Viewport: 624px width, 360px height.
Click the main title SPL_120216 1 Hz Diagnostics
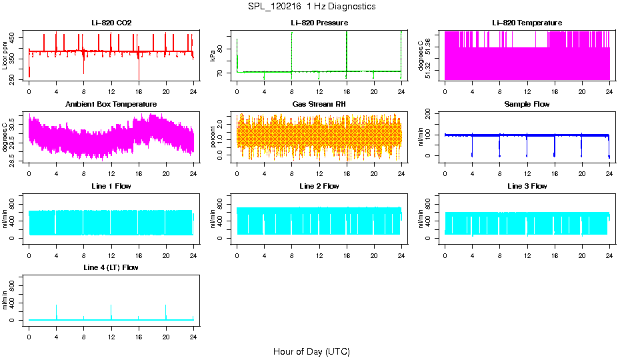point(311,7)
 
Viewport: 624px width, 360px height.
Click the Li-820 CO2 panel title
point(111,23)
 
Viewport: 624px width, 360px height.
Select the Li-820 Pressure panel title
point(319,23)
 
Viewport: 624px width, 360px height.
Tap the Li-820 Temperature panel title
point(527,23)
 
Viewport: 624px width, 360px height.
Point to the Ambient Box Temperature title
point(111,105)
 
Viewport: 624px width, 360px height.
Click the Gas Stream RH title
point(319,105)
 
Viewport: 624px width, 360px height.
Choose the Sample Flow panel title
point(527,105)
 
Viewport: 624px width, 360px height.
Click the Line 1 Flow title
point(111,186)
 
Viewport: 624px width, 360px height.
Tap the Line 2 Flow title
point(319,186)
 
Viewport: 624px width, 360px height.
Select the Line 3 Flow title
point(527,186)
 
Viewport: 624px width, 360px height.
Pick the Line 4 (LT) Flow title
point(111,267)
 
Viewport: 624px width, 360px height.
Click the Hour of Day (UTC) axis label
point(311,351)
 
